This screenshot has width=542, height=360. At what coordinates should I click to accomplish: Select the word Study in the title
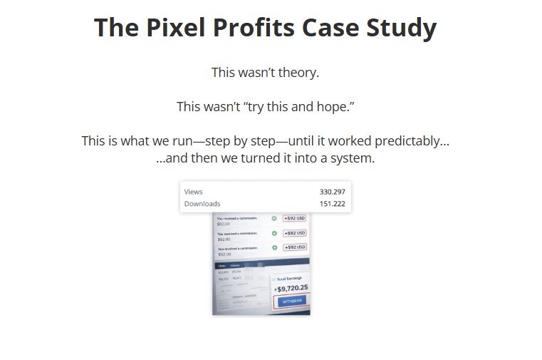(x=402, y=28)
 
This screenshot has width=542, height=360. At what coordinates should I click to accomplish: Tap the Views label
(x=194, y=192)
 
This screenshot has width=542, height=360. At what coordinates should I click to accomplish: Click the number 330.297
(x=332, y=192)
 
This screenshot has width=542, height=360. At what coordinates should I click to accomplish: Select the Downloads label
(x=202, y=204)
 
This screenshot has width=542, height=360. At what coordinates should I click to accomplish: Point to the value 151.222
(x=332, y=204)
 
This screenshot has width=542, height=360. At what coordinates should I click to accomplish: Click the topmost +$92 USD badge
(x=294, y=219)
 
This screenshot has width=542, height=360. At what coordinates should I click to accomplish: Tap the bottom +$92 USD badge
(x=294, y=247)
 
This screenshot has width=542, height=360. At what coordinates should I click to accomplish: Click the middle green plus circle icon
(x=274, y=233)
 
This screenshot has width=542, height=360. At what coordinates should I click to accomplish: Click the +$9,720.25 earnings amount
(x=291, y=289)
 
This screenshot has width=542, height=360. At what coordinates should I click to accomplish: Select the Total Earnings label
(x=289, y=278)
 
